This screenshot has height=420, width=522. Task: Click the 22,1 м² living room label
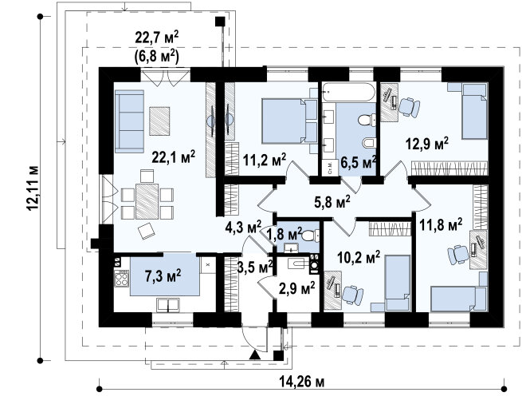click(x=173, y=157)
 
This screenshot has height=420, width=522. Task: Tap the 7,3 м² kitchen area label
click(x=163, y=275)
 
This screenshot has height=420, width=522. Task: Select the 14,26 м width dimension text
click(x=301, y=382)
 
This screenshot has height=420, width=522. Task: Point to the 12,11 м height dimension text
click(x=33, y=188)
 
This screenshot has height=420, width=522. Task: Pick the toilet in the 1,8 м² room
click(x=310, y=236)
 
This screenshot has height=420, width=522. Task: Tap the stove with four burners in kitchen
click(x=121, y=278)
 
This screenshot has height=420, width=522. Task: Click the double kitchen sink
click(x=168, y=305)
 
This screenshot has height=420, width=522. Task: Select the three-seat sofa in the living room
click(x=129, y=121)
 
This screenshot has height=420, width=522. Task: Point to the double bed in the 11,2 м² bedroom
click(x=289, y=121)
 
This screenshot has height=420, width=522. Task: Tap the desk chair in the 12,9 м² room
click(x=409, y=107)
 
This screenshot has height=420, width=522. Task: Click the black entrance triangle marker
click(x=255, y=355)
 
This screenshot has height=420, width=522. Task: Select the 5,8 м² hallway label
click(x=332, y=202)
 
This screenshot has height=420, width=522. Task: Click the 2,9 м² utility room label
click(x=297, y=288)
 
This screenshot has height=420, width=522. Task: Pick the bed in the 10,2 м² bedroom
click(x=398, y=283)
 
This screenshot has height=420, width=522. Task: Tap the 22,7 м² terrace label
click(x=157, y=37)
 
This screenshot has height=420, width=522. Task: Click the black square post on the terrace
click(x=220, y=22)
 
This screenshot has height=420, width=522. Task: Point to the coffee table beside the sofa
click(x=159, y=121)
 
